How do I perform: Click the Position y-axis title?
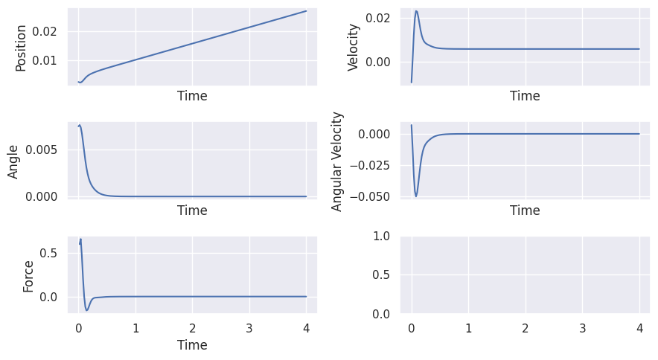click(x=21, y=48)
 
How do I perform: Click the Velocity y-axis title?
click(x=354, y=48)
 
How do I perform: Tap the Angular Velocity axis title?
click(x=337, y=161)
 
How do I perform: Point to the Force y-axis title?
click(x=28, y=275)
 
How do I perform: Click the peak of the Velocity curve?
click(x=416, y=11)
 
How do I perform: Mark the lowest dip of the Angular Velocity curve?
click(x=416, y=196)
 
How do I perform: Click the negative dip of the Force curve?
click(x=86, y=310)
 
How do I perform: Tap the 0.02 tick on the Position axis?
click(x=47, y=31)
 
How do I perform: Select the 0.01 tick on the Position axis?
click(x=47, y=60)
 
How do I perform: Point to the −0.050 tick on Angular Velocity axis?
click(x=377, y=196)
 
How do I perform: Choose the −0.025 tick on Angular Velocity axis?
click(x=377, y=165)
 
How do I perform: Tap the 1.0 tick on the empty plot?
click(x=383, y=236)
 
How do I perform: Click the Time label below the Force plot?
click(x=192, y=345)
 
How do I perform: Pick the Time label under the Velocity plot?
click(x=525, y=96)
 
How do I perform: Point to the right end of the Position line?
click(x=306, y=11)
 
